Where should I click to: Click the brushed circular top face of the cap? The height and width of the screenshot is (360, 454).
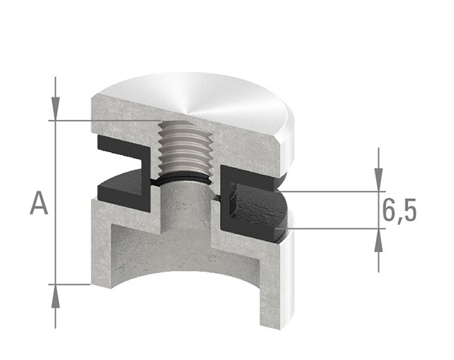tap(212, 102)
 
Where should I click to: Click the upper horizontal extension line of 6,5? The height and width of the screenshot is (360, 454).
tap(333, 191)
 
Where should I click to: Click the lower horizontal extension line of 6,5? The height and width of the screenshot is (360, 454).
tap(333, 228)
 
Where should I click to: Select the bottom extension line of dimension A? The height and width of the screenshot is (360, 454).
tap(72, 284)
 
